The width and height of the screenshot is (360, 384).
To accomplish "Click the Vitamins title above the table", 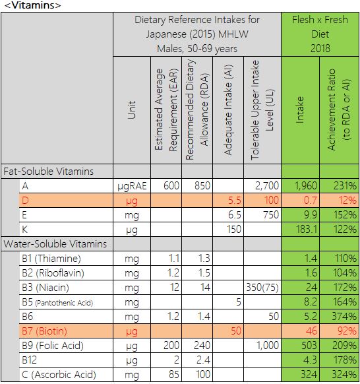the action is point(32,5).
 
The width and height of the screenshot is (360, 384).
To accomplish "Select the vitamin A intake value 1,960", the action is point(306,186).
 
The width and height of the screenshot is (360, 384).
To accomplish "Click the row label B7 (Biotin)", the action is point(44,331).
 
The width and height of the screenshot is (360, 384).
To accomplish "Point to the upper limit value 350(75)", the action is point(262,288).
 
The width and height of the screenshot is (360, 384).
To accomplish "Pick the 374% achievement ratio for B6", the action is point(344,317).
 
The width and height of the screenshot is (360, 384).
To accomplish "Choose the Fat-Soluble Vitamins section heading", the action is point(48,172).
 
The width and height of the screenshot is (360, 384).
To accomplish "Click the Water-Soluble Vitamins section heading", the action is point(55,244).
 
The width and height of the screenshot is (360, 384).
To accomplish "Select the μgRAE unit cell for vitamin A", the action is point(132,186).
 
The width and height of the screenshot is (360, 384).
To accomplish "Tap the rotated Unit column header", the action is point(131,110).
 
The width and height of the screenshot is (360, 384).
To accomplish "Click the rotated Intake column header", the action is point(300,110).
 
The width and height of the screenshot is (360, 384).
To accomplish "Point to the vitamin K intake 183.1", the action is point(307,230).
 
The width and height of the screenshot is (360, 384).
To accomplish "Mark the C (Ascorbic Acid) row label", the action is point(59,375).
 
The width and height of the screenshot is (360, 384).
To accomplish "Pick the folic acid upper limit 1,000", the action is point(268,346).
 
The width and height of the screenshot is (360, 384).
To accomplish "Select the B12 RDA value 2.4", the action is point(203,360).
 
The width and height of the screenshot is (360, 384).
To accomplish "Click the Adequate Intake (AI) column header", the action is point(228,110).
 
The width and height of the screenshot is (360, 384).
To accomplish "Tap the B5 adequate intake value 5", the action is point(239,302).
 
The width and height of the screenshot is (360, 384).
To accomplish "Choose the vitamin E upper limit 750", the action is point(271,215).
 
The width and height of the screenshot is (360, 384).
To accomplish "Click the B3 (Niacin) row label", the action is point(45,288).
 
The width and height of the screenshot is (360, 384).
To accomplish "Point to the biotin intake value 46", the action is point(311,331).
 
